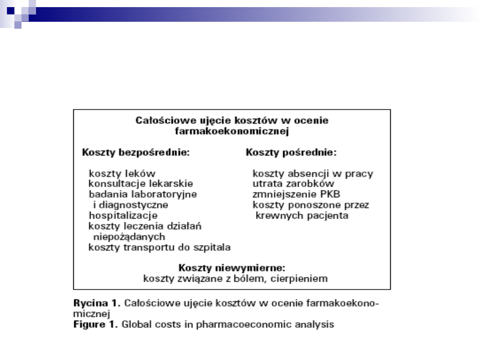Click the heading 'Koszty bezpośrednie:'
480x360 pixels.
pyautogui.click(x=136, y=152)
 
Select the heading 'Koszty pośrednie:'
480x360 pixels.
pyautogui.click(x=291, y=152)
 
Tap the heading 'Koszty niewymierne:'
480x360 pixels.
pyautogui.click(x=232, y=268)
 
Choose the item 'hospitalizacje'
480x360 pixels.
pyautogui.click(x=123, y=216)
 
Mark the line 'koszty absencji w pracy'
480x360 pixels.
pyautogui.click(x=313, y=173)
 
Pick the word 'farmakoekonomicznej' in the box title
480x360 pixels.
pyautogui.click(x=232, y=132)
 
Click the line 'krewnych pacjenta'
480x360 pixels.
pyautogui.click(x=302, y=216)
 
